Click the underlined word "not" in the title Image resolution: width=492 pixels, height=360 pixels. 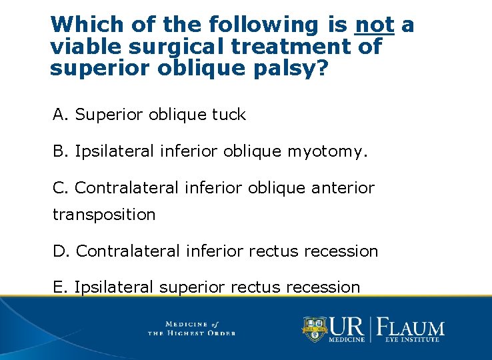tap(375, 25)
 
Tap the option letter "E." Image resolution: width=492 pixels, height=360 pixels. tap(61, 287)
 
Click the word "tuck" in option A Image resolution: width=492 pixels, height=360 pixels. tap(229, 115)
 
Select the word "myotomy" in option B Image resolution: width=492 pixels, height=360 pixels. tap(325, 153)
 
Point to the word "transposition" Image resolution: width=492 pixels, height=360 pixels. tap(104, 215)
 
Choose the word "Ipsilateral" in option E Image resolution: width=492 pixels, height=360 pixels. tap(114, 287)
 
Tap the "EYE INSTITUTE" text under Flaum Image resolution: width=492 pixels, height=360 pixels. tap(411, 340)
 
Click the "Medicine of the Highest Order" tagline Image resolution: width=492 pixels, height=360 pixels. tap(191, 328)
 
